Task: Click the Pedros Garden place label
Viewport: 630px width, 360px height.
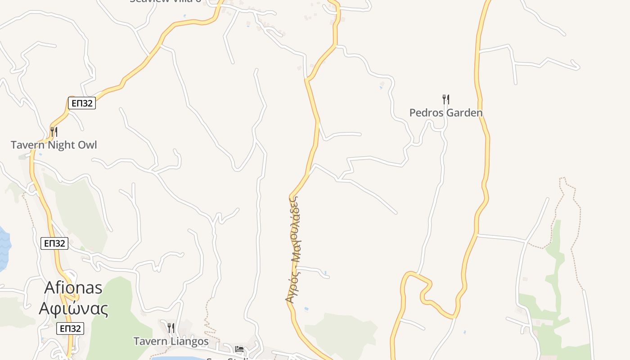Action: (x=445, y=112)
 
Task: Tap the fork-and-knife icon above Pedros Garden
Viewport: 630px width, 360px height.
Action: (x=445, y=99)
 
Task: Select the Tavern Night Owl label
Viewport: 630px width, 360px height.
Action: (x=54, y=145)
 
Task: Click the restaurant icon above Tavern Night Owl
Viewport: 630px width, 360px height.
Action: (x=54, y=131)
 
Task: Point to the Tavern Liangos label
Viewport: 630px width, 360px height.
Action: (x=171, y=342)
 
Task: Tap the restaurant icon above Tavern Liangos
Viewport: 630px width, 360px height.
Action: (x=171, y=328)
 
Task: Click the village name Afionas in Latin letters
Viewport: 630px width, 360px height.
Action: (x=73, y=288)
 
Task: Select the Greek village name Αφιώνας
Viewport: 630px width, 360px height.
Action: (x=73, y=309)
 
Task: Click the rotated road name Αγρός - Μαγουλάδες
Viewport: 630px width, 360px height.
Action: (x=294, y=249)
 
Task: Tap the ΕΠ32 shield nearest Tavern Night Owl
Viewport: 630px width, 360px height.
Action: (x=82, y=103)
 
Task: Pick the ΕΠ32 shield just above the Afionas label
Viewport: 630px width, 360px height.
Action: (x=54, y=243)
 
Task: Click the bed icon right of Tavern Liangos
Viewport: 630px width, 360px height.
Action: (x=239, y=349)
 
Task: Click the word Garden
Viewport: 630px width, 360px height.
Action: (x=463, y=112)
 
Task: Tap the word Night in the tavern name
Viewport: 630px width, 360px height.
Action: (x=62, y=145)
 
